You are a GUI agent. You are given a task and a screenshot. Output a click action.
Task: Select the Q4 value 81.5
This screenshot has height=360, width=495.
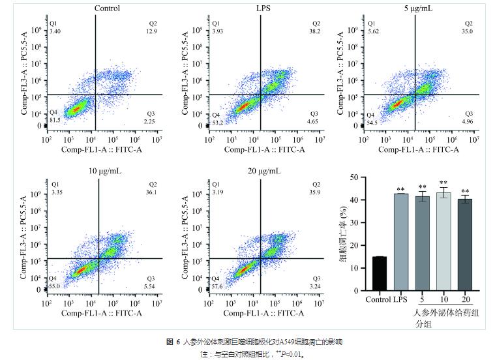tap(56, 119)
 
